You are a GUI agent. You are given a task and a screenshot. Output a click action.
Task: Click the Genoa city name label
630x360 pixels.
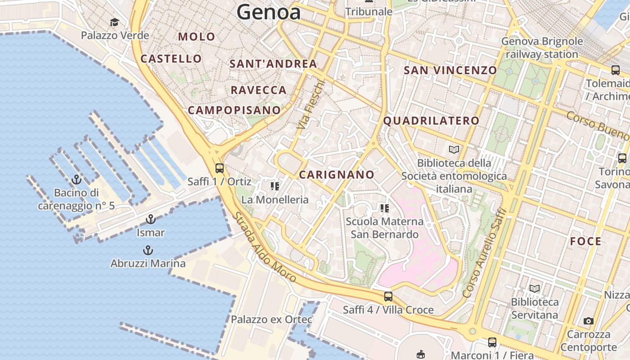coord(269,12)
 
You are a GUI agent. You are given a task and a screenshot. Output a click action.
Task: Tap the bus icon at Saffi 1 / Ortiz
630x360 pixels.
coord(220,168)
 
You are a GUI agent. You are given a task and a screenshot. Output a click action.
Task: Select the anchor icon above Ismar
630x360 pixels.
coord(151,220)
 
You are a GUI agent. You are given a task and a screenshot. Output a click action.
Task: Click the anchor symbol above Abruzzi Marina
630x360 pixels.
coord(148,250)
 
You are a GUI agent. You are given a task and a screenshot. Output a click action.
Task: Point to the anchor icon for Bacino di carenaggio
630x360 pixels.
coord(76,180)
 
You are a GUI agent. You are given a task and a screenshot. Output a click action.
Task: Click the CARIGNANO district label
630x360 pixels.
coord(337,175)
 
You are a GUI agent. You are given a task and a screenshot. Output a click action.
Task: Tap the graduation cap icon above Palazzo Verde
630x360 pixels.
coord(115,22)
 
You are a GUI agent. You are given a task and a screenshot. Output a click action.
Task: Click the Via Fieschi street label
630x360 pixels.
coord(311,105)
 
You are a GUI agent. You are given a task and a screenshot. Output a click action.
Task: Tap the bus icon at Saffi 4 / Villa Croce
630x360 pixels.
coord(388,297)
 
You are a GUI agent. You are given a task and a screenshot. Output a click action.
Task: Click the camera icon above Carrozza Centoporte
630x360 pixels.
coord(588,321)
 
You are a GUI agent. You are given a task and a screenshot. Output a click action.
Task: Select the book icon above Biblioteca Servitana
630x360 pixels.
coord(535,288)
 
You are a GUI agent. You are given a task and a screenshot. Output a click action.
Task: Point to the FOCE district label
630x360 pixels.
coord(585,241)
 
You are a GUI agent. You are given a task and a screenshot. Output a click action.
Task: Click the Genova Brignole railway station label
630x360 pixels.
coord(542,48)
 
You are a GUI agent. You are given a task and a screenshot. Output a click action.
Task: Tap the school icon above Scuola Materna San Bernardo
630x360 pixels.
coord(384,208)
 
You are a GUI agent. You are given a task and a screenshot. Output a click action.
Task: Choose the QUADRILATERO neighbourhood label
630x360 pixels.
coord(431,121)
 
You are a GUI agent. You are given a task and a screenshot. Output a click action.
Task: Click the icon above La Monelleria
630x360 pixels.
coord(274,186)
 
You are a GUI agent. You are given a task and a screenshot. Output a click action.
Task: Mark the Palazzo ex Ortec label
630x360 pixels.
coord(271,319)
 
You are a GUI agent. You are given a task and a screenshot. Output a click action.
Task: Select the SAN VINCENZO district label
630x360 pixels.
coord(450,70)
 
